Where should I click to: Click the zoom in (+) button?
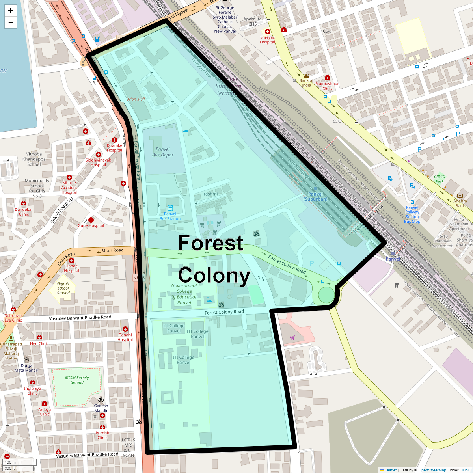pyautogui.click(x=11, y=11)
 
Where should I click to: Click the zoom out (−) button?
pyautogui.click(x=11, y=22)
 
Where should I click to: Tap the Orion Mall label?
pyautogui.click(x=136, y=99)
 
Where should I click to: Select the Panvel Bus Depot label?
pyautogui.click(x=163, y=152)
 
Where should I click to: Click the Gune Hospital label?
pyautogui.click(x=91, y=225)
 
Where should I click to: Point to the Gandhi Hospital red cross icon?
pyautogui.click(x=125, y=329)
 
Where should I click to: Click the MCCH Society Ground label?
pyautogui.click(x=77, y=380)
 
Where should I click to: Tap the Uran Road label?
pyautogui.click(x=113, y=250)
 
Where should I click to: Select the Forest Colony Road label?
pyautogui.click(x=224, y=312)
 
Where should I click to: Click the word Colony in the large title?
pyautogui.click(x=214, y=276)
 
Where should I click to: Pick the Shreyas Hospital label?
pyautogui.click(x=267, y=40)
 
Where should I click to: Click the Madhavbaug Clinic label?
pyautogui.click(x=327, y=86)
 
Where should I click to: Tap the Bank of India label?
pyautogui.click(x=306, y=83)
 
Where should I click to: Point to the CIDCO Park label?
pyautogui.click(x=439, y=179)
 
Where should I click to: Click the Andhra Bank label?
pyautogui.click(x=460, y=203)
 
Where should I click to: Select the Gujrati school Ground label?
pyautogui.click(x=63, y=288)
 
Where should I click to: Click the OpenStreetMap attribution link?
pyautogui.click(x=432, y=470)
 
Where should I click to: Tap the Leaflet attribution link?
pyautogui.click(x=390, y=470)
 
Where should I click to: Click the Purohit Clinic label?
pyautogui.click(x=102, y=435)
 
